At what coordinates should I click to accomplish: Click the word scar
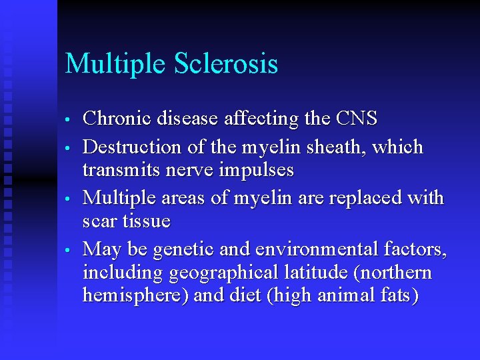[x=99, y=221]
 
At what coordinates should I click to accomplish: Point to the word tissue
[x=147, y=221]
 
